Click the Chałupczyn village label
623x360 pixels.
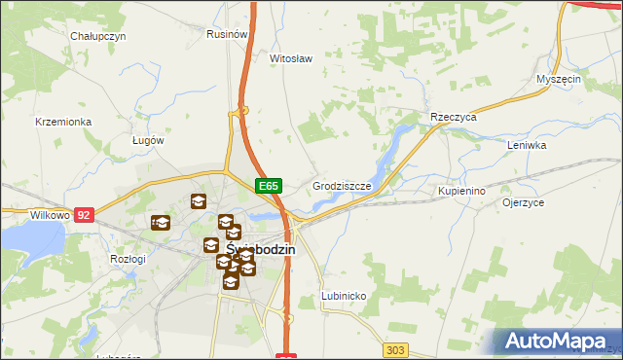(98, 36)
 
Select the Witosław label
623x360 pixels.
(290, 58)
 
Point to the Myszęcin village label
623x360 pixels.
(559, 80)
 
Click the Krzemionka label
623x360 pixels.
(62, 122)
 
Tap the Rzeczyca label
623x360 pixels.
(453, 117)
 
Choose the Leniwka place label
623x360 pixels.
(527, 145)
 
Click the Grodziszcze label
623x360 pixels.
(342, 185)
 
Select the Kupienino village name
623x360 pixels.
(461, 192)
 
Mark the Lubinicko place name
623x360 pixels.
(344, 296)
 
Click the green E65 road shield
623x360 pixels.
(269, 186)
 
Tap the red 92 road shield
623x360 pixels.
(85, 214)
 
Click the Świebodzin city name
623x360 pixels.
(261, 249)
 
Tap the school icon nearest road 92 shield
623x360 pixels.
(161, 223)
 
